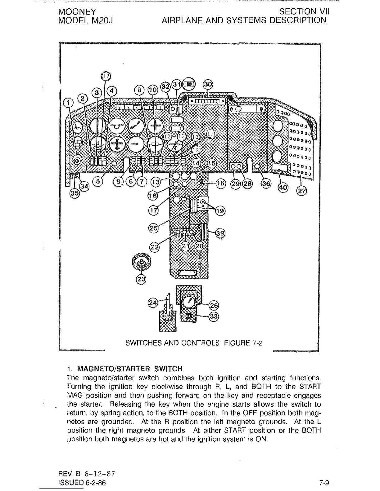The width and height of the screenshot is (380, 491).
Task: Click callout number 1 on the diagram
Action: [x=68, y=102]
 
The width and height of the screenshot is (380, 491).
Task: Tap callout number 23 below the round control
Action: [x=141, y=279]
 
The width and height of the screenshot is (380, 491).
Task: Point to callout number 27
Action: [x=301, y=191]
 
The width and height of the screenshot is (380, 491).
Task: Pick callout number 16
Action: [x=221, y=183]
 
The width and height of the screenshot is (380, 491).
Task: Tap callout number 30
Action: [x=207, y=84]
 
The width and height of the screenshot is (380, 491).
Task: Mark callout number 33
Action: [x=214, y=316]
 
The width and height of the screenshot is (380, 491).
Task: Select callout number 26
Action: [x=214, y=305]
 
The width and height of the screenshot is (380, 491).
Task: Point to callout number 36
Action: [x=266, y=183]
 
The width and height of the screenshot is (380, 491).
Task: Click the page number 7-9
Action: [x=324, y=483]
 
